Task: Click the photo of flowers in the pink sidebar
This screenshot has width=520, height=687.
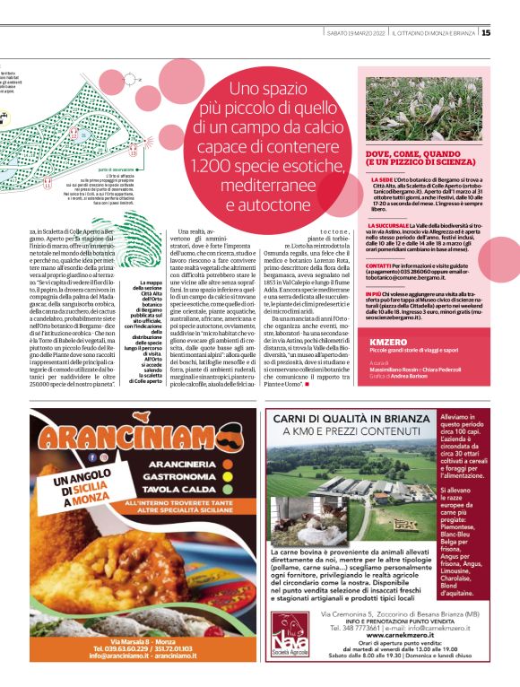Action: pos(423,109)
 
